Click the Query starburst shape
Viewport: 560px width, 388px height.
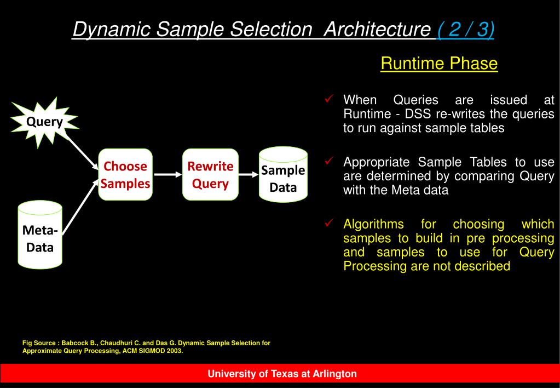45,122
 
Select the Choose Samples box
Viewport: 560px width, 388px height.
125,174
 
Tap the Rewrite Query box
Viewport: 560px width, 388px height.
210,174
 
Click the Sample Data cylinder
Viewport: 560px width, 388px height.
282,175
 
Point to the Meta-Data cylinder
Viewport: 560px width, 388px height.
40,236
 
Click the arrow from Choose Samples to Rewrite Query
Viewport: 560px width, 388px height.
167,175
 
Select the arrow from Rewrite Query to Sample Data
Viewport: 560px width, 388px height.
249,175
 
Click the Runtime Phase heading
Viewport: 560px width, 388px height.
439,64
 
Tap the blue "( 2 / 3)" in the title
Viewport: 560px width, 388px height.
465,30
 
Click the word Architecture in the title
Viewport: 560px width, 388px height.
377,30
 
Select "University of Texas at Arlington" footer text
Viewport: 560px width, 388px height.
282,374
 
